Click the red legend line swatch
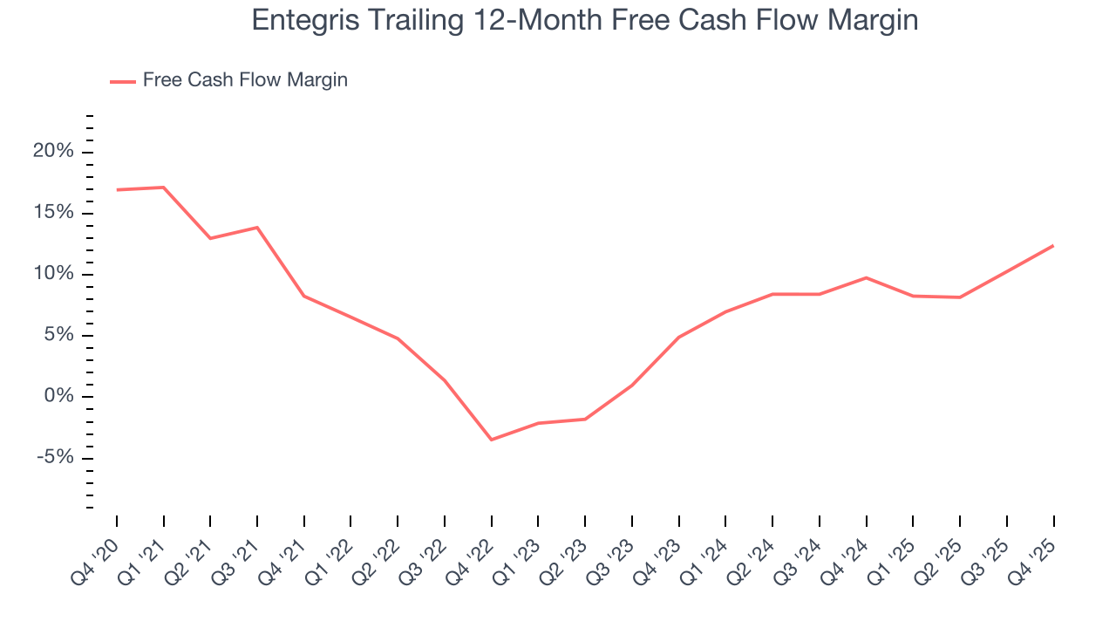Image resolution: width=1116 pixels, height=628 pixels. point(123,81)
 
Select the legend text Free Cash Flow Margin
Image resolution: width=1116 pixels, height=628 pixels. point(245,80)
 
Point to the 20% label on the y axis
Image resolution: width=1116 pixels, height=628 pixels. point(53,152)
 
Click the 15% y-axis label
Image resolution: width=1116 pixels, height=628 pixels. point(53,213)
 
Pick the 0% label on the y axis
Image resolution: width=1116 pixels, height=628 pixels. point(58,397)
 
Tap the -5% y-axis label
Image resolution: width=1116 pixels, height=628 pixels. point(53,458)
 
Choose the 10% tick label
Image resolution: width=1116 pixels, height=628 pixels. point(53,274)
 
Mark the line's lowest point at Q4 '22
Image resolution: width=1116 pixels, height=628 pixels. point(492,440)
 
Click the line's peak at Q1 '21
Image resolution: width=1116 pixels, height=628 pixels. point(164,187)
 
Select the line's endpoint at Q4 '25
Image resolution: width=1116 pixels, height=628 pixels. point(1053,245)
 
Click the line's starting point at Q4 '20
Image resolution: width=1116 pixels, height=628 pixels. point(117,189)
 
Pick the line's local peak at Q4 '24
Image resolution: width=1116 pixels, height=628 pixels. point(866,277)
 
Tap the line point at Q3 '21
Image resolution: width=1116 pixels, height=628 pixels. point(257,227)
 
